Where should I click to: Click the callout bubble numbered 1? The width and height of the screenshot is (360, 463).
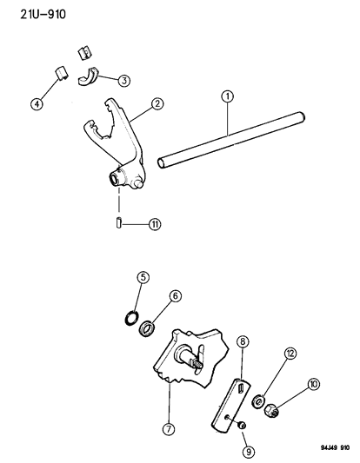point(227,96)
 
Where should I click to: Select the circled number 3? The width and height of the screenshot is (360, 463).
point(123,80)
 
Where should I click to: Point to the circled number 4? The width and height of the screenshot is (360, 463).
point(37,104)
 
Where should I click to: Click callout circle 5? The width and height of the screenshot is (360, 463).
point(143,277)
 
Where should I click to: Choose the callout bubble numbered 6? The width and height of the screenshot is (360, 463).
point(175,296)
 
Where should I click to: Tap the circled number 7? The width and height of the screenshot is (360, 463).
point(169,429)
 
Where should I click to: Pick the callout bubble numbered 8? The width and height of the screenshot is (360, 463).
point(243,341)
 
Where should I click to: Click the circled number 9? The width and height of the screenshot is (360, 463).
point(249,451)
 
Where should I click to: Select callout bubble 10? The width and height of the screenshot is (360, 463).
point(314,384)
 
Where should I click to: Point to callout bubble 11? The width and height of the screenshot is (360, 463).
point(155,224)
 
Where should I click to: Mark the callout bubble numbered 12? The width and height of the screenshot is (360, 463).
point(290,354)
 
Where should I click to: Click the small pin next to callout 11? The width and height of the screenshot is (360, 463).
point(118,222)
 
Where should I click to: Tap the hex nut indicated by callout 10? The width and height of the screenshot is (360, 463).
point(271,410)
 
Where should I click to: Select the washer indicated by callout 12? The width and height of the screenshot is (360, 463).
point(257,402)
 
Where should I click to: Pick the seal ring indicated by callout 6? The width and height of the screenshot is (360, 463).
point(147,327)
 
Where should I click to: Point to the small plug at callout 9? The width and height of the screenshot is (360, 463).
point(242,425)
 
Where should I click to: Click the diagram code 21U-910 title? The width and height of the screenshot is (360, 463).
point(43,14)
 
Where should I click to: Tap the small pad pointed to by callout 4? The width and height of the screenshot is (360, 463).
point(61,73)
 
